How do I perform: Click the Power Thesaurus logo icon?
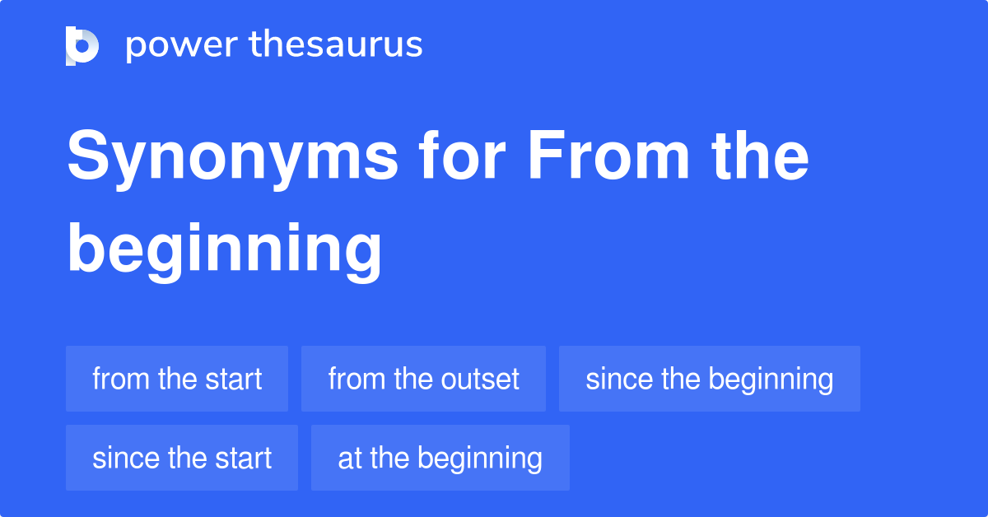click(82, 46)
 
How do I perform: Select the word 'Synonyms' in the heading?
click(233, 159)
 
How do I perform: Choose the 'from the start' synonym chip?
click(177, 379)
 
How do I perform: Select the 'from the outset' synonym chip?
click(423, 379)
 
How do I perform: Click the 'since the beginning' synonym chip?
click(709, 379)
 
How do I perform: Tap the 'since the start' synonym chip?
click(182, 458)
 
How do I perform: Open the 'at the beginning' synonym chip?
click(440, 458)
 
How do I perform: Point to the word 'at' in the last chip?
click(350, 459)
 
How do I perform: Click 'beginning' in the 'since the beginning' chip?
click(771, 380)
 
